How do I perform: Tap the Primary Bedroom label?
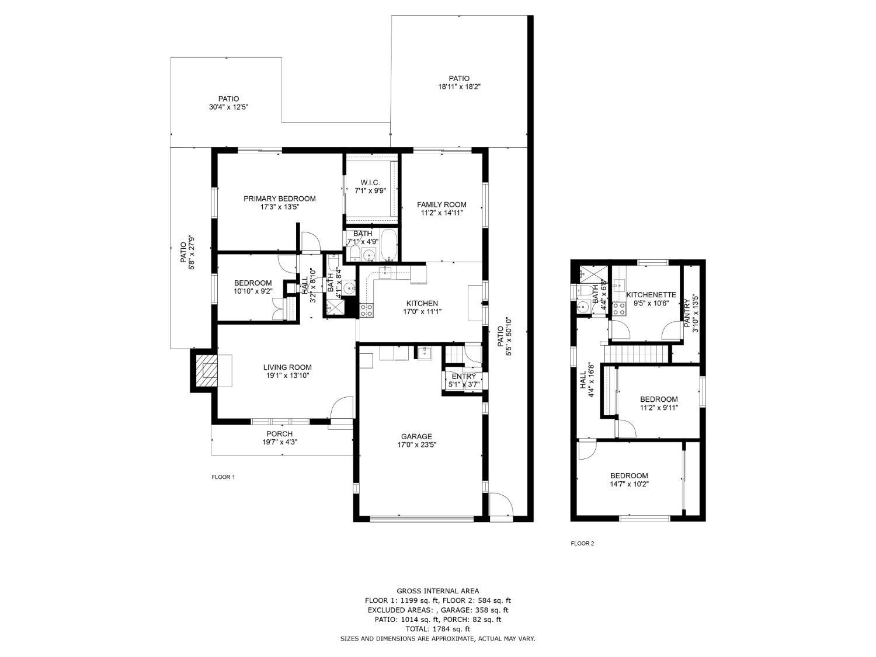point(279,199)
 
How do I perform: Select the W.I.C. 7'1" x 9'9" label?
point(370,186)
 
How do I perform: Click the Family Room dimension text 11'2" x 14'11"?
point(442,213)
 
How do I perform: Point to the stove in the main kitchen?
point(366,310)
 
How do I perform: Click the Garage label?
point(416,436)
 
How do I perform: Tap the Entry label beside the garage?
point(463,377)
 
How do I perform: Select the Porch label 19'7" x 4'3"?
point(279,438)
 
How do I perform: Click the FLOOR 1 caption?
point(223,477)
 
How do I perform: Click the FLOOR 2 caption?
point(582,544)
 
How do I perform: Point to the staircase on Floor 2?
point(637,353)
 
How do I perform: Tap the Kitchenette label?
point(651,295)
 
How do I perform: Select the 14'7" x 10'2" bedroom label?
point(629,479)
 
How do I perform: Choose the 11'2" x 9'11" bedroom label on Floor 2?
point(658,404)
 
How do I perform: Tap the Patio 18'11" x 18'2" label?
point(458,82)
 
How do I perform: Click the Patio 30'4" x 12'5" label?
point(228,103)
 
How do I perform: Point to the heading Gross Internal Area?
point(437,591)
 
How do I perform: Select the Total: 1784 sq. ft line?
point(437,629)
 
